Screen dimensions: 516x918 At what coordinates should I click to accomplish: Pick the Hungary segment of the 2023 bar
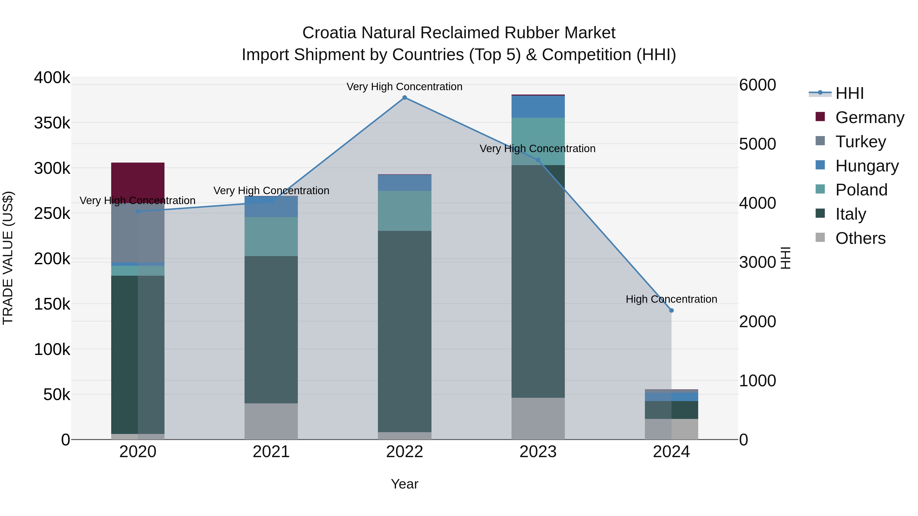point(538,107)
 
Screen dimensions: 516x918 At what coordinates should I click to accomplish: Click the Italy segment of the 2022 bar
point(404,331)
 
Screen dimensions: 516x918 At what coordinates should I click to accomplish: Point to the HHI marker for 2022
point(404,98)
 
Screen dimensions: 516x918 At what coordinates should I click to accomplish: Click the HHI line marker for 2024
point(671,311)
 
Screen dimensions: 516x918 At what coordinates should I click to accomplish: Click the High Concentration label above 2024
point(671,299)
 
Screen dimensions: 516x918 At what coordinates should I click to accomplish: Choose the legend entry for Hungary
point(867,166)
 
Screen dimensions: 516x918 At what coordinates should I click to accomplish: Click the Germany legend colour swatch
point(820,117)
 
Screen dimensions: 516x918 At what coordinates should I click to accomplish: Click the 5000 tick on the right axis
point(757,144)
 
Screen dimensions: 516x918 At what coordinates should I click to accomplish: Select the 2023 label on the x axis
point(538,452)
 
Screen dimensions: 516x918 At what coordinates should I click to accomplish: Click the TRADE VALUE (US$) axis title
point(8,258)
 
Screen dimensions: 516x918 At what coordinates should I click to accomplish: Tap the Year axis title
point(404,484)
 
